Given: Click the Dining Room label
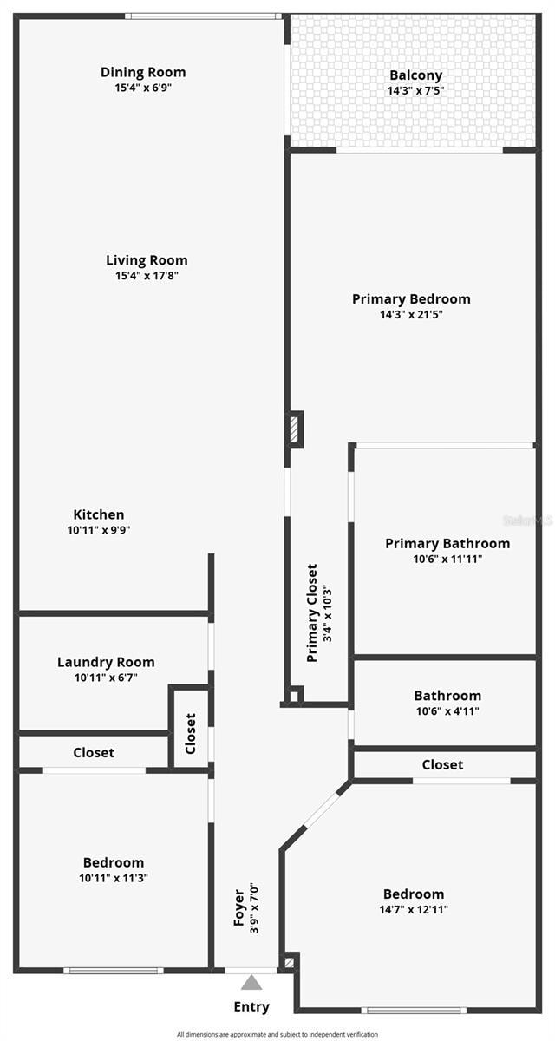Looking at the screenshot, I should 143,72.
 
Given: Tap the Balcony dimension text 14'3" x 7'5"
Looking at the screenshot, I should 415,90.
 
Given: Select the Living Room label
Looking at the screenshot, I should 147,260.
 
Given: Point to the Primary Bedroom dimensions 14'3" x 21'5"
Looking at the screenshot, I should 411,314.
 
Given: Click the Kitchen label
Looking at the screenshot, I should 98,514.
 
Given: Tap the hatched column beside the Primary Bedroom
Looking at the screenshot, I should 295,429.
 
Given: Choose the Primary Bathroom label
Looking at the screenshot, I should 447,543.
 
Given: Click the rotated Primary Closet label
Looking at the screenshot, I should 312,612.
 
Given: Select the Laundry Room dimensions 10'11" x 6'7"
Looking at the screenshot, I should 106,678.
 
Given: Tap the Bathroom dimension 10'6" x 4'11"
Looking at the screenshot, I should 447,711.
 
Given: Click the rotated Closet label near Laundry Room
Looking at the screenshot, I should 191,733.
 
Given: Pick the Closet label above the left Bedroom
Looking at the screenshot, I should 94,752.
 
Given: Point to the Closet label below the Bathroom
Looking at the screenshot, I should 442,764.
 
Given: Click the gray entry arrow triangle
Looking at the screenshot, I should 251,983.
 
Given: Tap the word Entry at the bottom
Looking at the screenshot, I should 251,1007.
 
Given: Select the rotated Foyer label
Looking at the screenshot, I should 239,907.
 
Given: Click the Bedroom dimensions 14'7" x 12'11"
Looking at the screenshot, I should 414,910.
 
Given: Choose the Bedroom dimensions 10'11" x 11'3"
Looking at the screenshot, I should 113,878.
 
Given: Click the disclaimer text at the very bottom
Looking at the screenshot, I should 277,1034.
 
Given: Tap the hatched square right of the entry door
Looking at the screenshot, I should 290,962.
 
